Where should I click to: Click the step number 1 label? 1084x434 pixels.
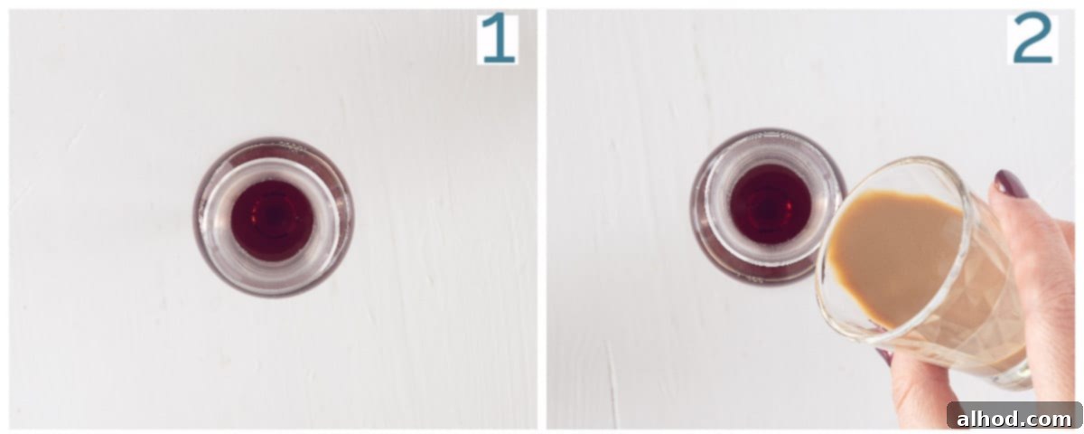tap(498, 39)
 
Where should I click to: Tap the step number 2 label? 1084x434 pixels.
tap(1033, 38)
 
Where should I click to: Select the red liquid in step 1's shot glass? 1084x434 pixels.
tap(273, 221)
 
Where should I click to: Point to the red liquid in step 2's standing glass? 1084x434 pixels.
tap(771, 204)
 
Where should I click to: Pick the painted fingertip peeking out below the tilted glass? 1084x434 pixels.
tap(886, 356)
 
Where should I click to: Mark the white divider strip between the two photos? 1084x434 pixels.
tap(542, 219)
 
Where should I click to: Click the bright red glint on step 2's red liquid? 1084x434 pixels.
tap(790, 207)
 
